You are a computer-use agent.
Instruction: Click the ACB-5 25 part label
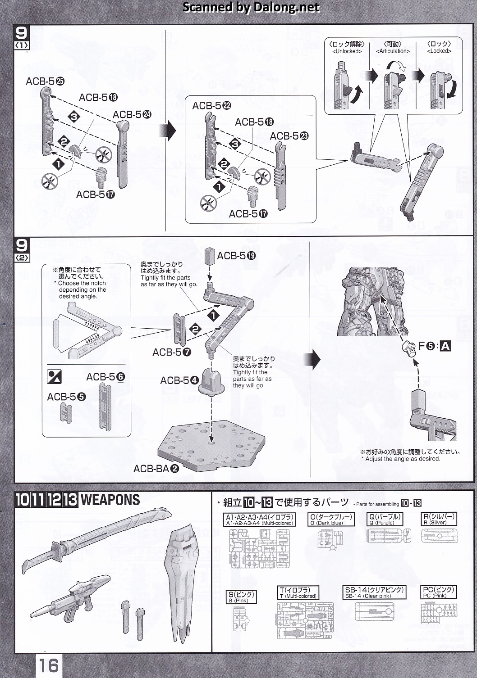[x=45, y=81]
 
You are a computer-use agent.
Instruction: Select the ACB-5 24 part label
[x=132, y=114]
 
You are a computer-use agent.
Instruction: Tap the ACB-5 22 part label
[x=211, y=105]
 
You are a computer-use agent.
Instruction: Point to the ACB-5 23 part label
[x=289, y=136]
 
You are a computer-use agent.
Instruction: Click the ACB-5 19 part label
[x=236, y=256]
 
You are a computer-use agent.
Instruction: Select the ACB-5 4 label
[x=179, y=380]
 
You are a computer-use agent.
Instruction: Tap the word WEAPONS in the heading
[x=110, y=500]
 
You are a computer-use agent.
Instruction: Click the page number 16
[x=49, y=665]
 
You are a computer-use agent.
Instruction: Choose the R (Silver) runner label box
[x=438, y=520]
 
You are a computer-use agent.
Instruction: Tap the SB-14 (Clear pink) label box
[x=374, y=592]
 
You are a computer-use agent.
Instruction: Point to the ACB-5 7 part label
[x=172, y=352]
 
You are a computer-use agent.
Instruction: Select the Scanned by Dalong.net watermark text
[x=251, y=7]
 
